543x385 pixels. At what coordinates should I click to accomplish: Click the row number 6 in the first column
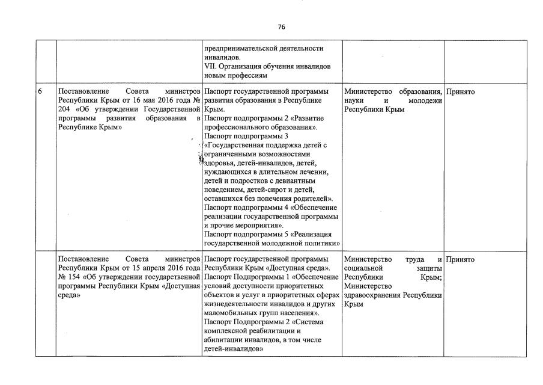tap(40, 91)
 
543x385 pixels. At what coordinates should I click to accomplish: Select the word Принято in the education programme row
tap(461, 91)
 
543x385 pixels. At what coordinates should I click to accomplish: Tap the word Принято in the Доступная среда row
tap(461, 260)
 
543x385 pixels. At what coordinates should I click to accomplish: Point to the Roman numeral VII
tap(210, 66)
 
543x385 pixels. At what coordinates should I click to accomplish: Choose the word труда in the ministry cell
tap(416, 260)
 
